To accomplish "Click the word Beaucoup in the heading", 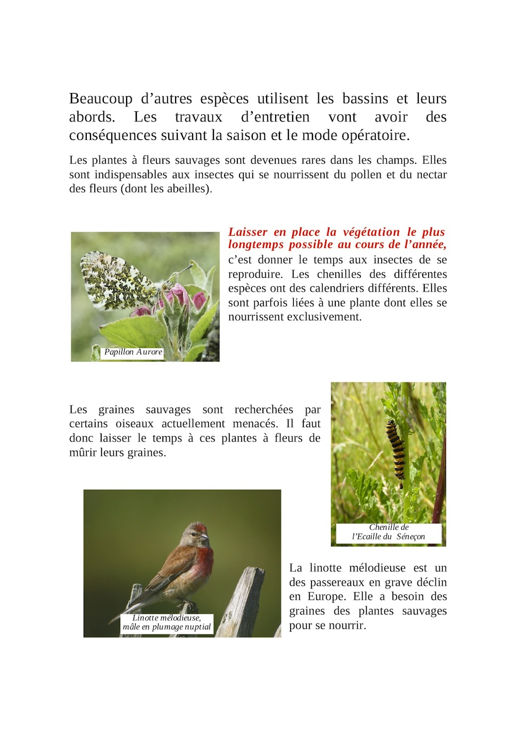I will click(101, 99).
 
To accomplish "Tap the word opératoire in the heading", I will click(375, 136).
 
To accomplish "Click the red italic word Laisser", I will click(247, 232).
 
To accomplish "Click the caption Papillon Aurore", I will click(133, 352).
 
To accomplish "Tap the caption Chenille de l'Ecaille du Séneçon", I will click(389, 532).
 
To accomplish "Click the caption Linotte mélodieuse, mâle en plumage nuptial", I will click(167, 622).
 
